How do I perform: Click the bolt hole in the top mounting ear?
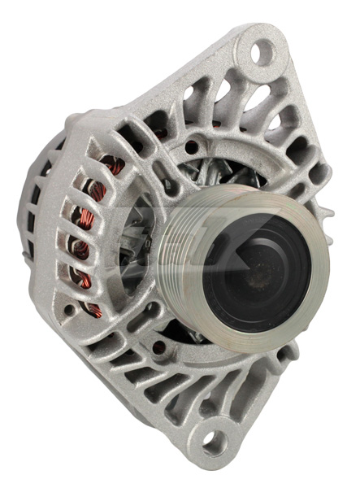(262, 52)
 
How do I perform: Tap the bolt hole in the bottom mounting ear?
(213, 442)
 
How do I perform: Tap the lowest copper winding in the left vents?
(96, 312)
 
